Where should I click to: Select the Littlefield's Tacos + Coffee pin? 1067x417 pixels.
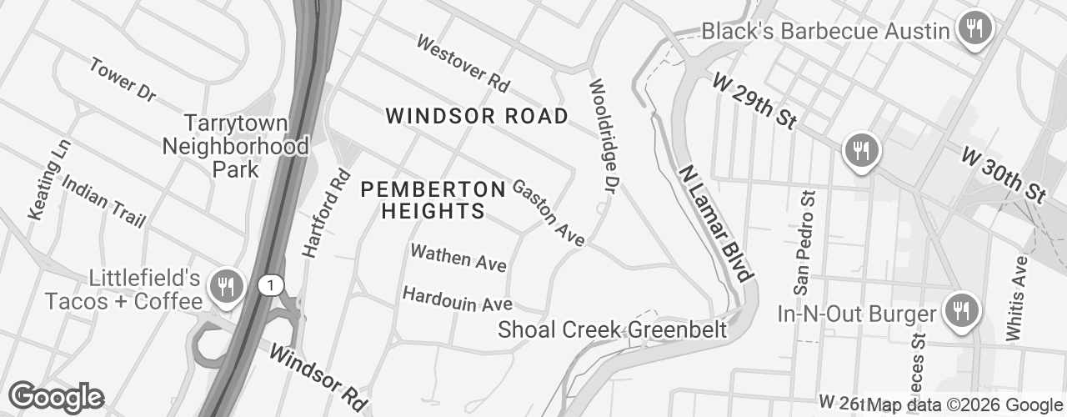[225, 287]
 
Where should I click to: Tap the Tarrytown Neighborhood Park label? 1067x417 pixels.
[236, 146]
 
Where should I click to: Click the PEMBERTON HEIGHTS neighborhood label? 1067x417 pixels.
[433, 200]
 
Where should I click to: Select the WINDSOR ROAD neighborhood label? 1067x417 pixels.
[477, 116]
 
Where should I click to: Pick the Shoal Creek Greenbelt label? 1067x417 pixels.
[612, 329]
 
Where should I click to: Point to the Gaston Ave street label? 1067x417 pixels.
[548, 214]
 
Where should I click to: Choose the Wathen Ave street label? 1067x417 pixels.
[458, 258]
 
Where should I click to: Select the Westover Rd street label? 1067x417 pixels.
[463, 63]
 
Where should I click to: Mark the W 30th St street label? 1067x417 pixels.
[1003, 174]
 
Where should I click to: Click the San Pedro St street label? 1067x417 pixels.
[804, 243]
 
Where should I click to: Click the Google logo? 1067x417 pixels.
[56, 397]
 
